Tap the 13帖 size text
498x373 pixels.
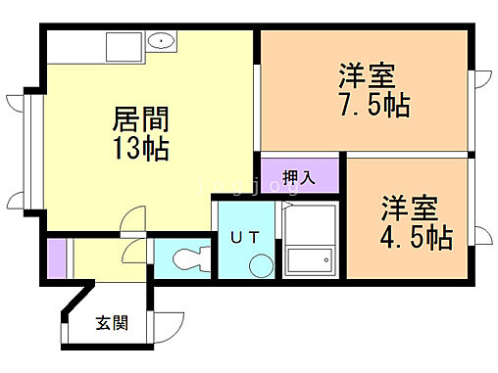141,150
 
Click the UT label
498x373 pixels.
245,236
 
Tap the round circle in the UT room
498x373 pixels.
260,264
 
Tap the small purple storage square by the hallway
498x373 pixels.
54,257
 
